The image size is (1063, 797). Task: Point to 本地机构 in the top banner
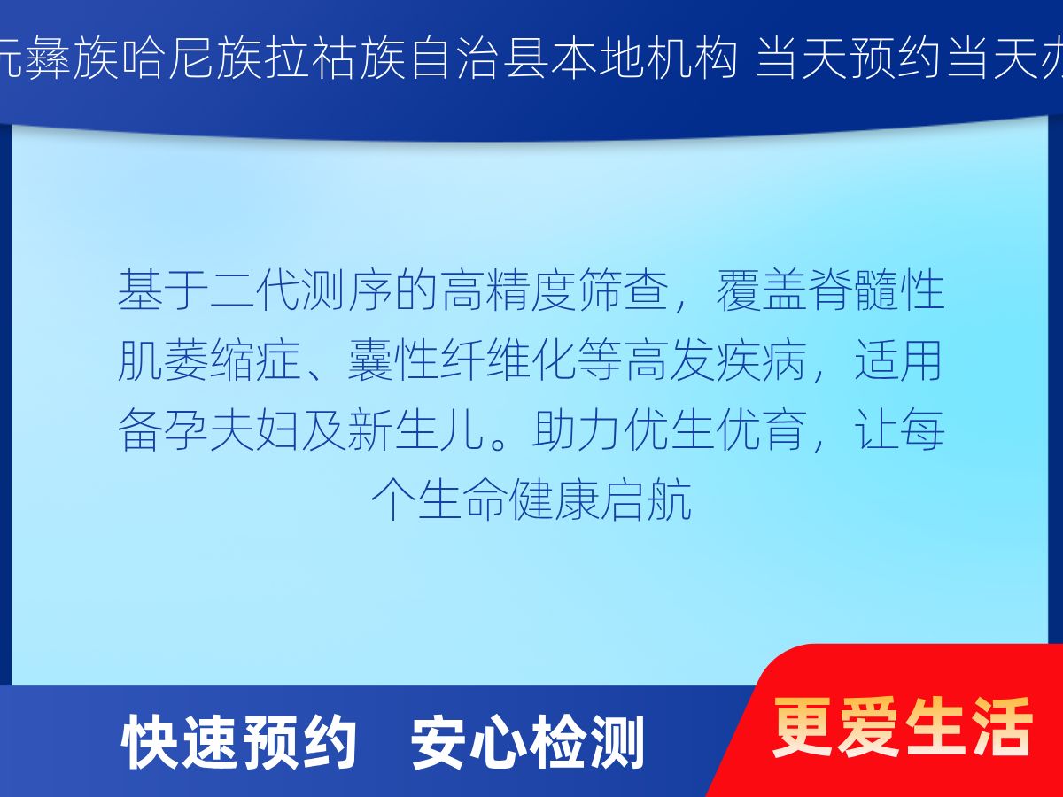tap(643, 58)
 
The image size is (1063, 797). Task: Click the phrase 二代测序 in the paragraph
tap(301, 290)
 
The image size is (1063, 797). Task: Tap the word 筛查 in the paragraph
tap(623, 290)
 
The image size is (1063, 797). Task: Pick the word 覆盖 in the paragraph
tap(761, 290)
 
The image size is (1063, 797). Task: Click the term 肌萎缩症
tap(209, 360)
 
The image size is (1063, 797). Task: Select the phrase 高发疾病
tap(716, 360)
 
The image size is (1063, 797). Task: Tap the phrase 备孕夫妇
tap(209, 429)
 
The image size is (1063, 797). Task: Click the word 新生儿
tap(416, 429)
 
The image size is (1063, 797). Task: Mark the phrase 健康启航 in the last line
tap(600, 499)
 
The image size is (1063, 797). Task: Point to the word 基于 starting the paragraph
tap(163, 290)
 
